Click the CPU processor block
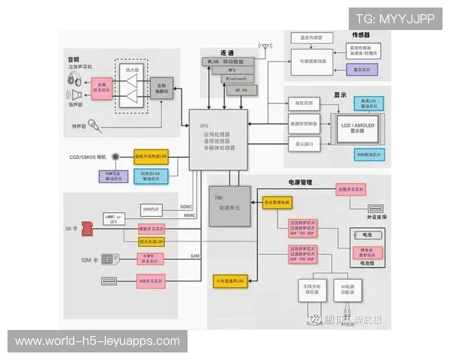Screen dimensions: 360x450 217,139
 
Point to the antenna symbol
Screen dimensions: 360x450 265,46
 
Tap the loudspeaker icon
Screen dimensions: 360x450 75,94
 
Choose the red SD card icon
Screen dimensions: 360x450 85,225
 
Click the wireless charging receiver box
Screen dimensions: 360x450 310,289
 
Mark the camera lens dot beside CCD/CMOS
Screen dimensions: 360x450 123,157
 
